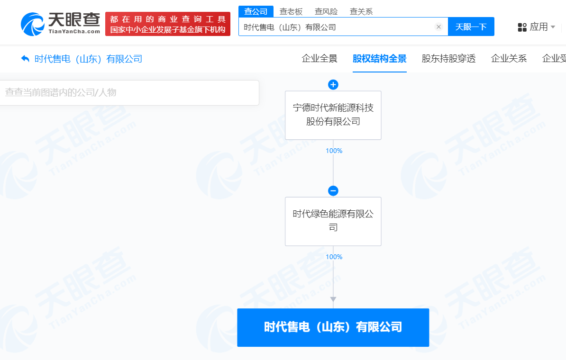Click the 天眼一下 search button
point(471,27)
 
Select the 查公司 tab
point(256,11)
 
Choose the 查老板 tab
point(291,11)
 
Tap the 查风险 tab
point(326,11)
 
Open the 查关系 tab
point(361,11)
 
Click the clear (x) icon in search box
point(438,27)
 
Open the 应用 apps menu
point(536,27)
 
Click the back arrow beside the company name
point(25,59)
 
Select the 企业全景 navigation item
point(320,59)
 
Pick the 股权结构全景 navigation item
point(379,59)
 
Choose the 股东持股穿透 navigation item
point(448,59)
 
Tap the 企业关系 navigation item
point(509,59)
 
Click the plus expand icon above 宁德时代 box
point(333,85)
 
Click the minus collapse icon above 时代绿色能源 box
point(333,191)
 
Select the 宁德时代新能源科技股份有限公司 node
point(333,115)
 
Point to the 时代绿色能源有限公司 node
point(333,221)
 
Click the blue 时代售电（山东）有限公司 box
point(333,327)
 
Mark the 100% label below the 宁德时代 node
point(334,151)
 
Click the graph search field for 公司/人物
point(128,92)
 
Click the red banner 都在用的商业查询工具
point(167,24)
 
